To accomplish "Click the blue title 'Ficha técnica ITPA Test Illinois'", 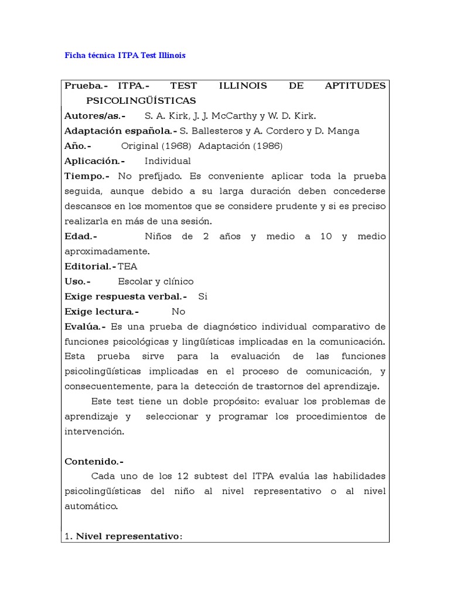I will point(124,56).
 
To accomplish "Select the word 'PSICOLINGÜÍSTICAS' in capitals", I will point(141,101).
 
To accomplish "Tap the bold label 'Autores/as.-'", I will point(95,116).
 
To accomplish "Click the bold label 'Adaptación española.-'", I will point(120,131).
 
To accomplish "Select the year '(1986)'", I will point(268,146).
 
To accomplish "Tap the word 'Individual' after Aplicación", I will point(168,161).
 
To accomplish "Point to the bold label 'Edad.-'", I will point(81,237).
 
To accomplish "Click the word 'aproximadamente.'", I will point(107,251).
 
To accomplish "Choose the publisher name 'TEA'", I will point(128,267).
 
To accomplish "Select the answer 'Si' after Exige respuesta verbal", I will point(203,296).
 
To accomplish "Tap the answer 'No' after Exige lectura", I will point(178,312).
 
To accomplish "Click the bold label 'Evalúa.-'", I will point(85,327).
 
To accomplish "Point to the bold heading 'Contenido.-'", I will point(94,462).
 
